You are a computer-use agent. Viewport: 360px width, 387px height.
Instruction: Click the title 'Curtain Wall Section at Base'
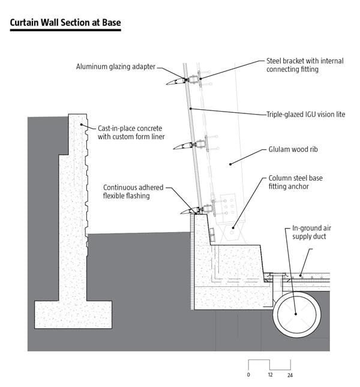[65, 22]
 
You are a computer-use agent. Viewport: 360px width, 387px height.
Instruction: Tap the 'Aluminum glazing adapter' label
[115, 67]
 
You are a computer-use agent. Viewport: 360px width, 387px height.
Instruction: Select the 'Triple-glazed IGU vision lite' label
[306, 115]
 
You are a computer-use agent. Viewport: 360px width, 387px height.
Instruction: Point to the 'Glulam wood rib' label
[293, 149]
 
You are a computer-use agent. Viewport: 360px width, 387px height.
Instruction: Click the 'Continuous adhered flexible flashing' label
[133, 191]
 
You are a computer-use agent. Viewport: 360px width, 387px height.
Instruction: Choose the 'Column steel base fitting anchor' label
[295, 182]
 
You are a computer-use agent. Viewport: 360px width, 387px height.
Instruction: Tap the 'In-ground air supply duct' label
[311, 232]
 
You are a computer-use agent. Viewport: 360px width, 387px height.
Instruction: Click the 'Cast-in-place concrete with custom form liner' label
[131, 133]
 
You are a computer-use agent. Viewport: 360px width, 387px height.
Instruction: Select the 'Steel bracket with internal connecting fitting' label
[305, 65]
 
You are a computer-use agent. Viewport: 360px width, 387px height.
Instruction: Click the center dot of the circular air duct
[296, 314]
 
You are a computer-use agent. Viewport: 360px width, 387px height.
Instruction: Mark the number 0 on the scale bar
[248, 374]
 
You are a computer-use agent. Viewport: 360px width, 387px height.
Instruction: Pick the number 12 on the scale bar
[270, 374]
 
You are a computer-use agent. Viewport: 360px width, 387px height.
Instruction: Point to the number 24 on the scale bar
[290, 375]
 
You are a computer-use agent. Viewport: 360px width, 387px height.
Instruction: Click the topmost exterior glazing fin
[175, 82]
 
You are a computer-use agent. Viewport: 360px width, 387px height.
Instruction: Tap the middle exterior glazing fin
[182, 146]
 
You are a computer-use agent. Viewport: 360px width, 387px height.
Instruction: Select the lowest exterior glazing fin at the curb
[189, 211]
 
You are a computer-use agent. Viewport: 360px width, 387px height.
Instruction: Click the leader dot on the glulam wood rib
[230, 164]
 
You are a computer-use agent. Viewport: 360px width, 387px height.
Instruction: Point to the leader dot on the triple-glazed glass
[190, 109]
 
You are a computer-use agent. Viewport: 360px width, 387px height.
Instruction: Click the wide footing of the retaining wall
[73, 314]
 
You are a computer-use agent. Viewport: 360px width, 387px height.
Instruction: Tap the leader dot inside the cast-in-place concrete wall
[81, 124]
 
